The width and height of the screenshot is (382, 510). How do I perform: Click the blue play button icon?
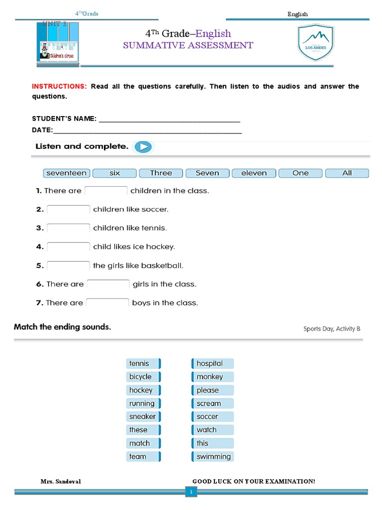(143, 147)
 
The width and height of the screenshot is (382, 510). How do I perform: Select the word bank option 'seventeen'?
(66, 173)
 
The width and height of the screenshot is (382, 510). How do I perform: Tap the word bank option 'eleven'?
(254, 173)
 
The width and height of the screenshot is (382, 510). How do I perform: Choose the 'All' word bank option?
(347, 173)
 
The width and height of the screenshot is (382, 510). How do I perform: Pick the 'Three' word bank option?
(161, 173)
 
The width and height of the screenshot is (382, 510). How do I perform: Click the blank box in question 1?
(106, 191)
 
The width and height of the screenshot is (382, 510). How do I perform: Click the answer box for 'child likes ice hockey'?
(68, 247)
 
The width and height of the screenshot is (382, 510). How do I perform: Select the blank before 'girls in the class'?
(108, 284)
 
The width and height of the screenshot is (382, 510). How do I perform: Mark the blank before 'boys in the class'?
(107, 303)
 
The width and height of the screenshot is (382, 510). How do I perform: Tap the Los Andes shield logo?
(316, 43)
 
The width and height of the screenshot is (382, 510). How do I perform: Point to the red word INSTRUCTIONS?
(59, 87)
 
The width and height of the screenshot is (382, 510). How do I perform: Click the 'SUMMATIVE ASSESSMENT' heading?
(188, 45)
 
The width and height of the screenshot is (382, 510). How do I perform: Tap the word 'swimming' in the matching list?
(213, 457)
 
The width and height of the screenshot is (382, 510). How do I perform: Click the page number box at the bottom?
(191, 492)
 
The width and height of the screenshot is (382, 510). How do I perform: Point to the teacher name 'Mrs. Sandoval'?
(61, 481)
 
